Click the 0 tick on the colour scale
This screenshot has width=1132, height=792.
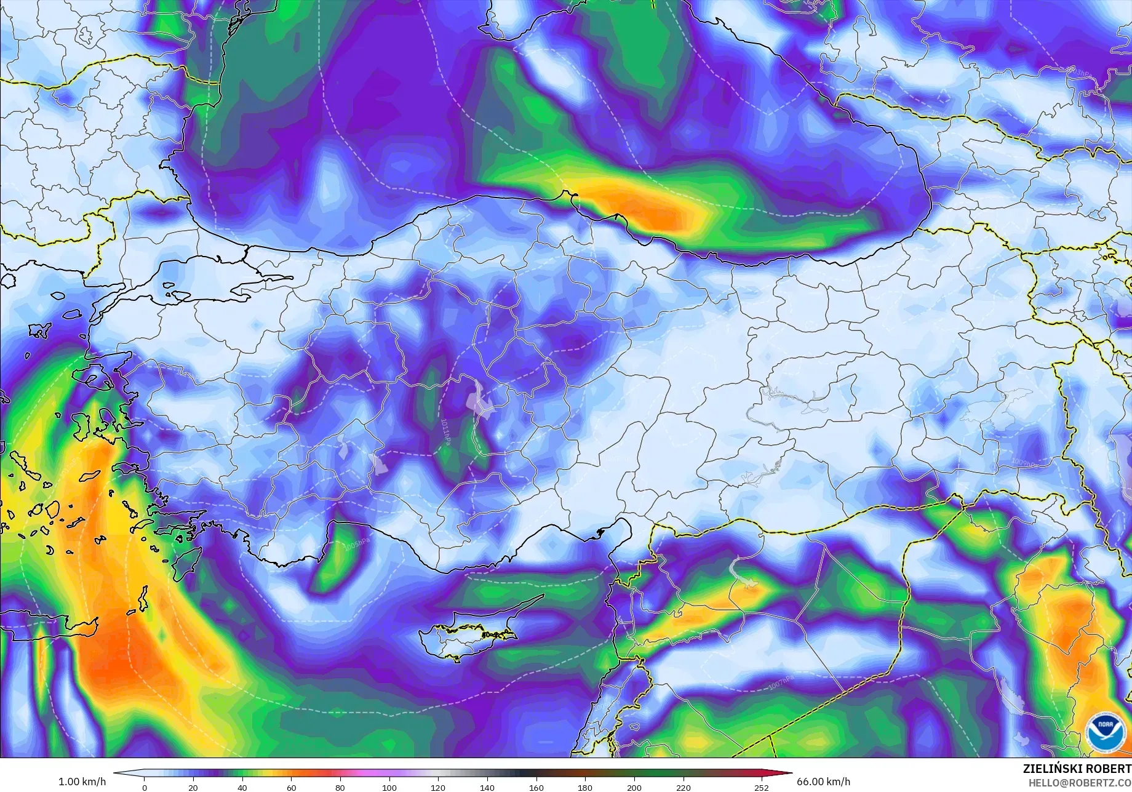[145, 787]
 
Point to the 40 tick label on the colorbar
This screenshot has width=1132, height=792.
[242, 787]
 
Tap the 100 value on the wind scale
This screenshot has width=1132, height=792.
[389, 787]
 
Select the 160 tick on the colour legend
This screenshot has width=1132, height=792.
[536, 787]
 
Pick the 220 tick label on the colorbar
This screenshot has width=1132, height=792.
[683, 787]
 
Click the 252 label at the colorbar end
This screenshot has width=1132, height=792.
[762, 787]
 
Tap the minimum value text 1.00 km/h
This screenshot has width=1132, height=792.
[82, 782]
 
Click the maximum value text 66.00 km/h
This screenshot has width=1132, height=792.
[824, 782]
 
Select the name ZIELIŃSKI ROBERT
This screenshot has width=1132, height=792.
[1077, 769]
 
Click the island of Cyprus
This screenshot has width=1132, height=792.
[474, 633]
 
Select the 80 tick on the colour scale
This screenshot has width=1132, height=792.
[340, 787]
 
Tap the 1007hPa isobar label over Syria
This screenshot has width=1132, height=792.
[781, 681]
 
